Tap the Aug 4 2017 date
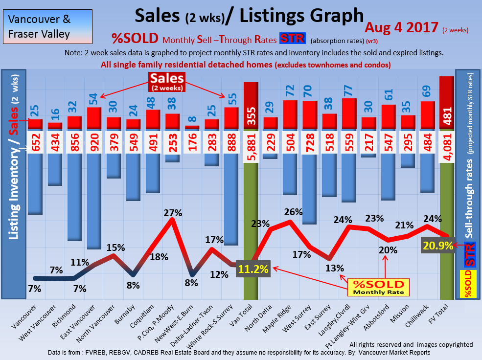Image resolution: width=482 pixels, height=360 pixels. tap(401, 27)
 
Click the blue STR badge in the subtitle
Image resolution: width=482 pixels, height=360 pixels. tap(292, 39)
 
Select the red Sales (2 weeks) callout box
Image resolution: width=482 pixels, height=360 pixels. tap(167, 82)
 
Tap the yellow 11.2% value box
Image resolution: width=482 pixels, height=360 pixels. tap(254, 268)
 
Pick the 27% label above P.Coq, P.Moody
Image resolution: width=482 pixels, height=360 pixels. tap(173, 213)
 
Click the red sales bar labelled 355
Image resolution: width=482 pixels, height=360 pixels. tap(251, 105)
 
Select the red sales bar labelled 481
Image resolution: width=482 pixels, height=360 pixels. tap(447, 103)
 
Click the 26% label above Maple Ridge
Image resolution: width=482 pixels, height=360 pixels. tap(293, 212)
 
